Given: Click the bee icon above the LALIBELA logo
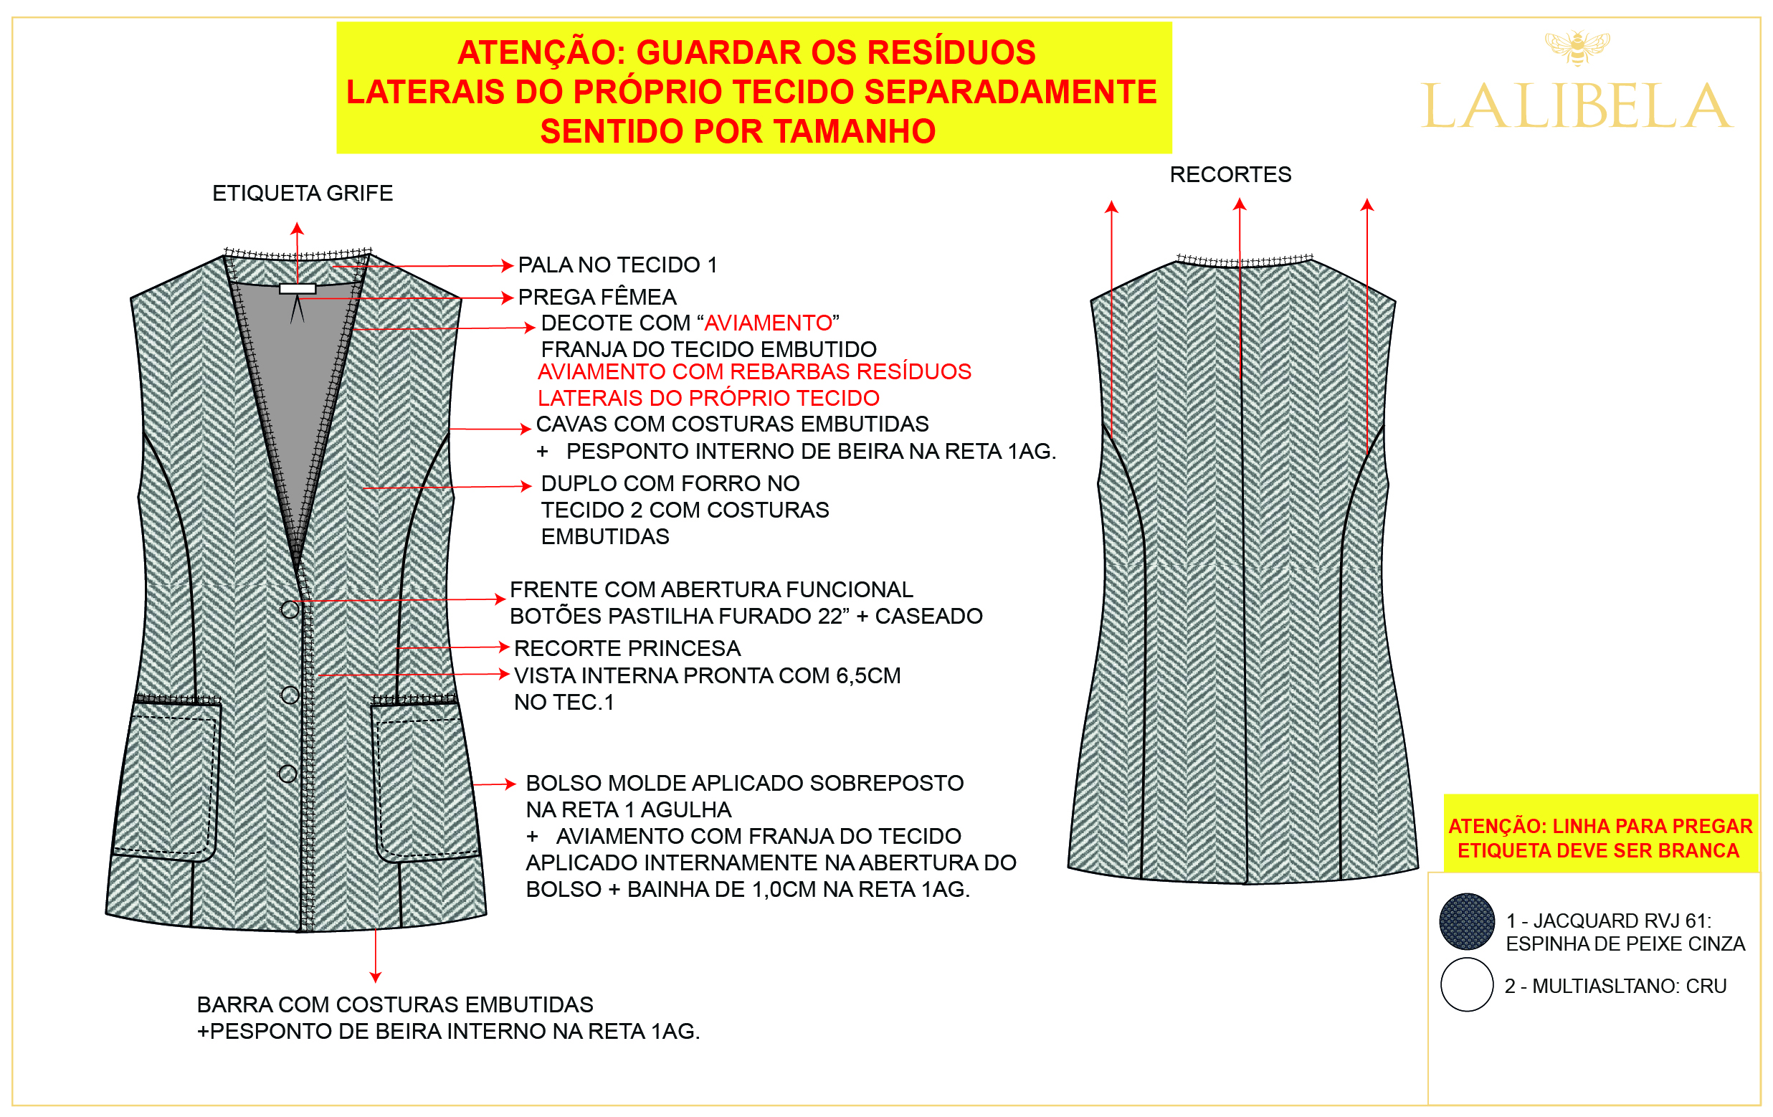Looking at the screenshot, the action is point(1577,47).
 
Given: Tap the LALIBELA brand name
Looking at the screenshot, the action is point(1577,106).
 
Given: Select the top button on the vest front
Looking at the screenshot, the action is point(290,609).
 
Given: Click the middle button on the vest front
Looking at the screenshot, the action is point(290,694).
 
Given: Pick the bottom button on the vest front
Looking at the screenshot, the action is point(288,773).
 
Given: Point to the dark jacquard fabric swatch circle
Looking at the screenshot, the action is point(1467,921).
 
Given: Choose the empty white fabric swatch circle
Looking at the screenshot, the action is point(1467,984).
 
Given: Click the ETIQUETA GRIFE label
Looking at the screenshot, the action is point(303,193).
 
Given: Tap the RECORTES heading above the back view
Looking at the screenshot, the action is point(1230,174).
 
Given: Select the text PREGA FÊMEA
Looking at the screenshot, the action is point(597,297).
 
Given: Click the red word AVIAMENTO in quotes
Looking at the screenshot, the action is point(768,323).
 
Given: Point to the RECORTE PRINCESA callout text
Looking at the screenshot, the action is point(627,648).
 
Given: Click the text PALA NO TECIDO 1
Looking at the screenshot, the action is point(618,265).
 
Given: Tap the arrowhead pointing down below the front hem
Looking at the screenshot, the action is point(376,977).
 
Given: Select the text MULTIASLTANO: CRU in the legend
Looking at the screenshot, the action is point(1630,986).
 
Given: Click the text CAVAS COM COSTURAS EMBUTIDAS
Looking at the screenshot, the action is point(733,424).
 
